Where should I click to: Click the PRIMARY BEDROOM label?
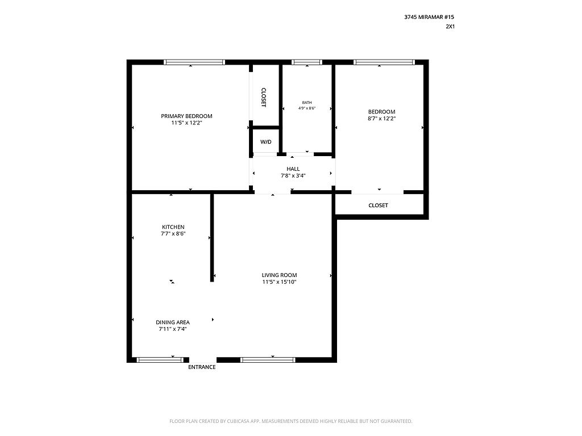click(186, 116)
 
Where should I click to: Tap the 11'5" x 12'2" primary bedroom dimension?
click(186, 123)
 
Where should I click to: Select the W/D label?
click(266, 142)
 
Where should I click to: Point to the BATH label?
click(307, 103)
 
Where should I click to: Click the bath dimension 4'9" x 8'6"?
click(307, 108)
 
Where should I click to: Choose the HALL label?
click(293, 169)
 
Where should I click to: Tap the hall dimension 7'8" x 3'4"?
click(293, 176)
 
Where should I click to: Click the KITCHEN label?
click(173, 227)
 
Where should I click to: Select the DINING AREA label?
click(173, 322)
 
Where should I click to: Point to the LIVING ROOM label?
click(279, 275)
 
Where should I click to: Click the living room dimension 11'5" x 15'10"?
click(279, 282)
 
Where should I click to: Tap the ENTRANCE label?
click(202, 367)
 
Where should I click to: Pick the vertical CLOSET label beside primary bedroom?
click(264, 98)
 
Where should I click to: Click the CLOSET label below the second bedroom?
click(378, 206)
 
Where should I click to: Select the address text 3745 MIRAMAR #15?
click(429, 17)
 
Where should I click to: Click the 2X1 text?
click(450, 26)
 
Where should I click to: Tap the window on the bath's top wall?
click(306, 62)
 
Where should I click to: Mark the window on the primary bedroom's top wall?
click(194, 62)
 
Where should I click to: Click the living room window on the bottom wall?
click(268, 359)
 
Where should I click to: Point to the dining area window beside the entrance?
click(160, 359)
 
